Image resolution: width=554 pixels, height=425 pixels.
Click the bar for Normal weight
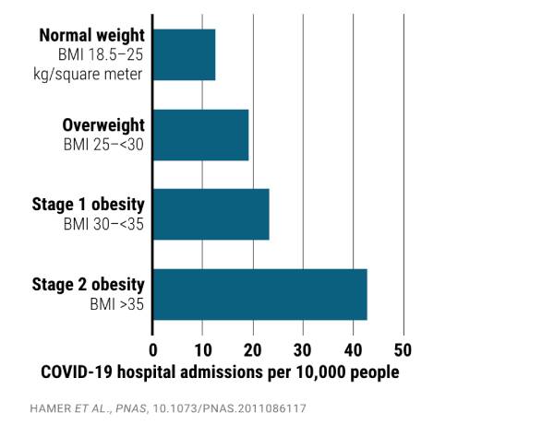(x=184, y=54)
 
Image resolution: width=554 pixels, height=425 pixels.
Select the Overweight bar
(x=200, y=135)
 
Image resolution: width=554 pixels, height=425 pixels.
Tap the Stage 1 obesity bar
(x=211, y=214)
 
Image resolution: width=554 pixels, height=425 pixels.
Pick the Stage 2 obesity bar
(x=259, y=294)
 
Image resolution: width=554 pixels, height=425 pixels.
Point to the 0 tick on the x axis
(x=153, y=350)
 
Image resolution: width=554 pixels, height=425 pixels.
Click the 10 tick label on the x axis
(x=202, y=350)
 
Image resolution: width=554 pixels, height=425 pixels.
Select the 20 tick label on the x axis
(x=252, y=350)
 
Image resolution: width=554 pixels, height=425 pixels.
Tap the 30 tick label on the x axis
(x=302, y=350)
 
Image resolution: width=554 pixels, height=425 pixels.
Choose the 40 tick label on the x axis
(x=353, y=350)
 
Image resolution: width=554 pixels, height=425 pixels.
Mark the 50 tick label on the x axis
(x=403, y=350)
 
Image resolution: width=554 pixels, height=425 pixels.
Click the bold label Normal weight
(x=90, y=36)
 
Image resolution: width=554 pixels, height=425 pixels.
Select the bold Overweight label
(x=102, y=124)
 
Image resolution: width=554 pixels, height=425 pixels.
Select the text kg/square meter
(x=91, y=73)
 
